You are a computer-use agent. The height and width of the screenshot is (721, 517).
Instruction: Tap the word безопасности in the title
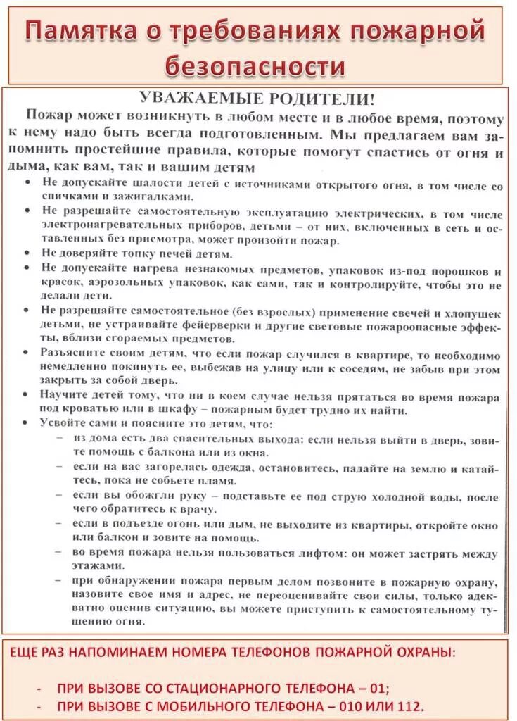(x=255, y=66)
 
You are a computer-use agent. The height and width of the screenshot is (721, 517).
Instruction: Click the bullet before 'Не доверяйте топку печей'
(x=25, y=253)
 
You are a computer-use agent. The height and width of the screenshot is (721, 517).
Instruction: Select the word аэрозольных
(x=128, y=284)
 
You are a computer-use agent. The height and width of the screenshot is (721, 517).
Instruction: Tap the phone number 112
(x=408, y=706)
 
